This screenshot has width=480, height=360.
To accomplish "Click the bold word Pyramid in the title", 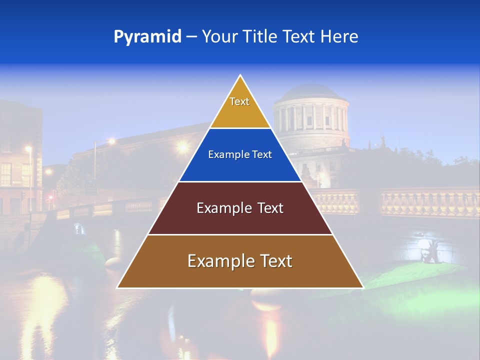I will point(147,37).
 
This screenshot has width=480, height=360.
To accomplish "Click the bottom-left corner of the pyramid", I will point(117,287).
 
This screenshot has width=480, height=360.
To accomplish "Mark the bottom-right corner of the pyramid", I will point(363,287).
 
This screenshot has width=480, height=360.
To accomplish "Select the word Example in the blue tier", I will point(224,155).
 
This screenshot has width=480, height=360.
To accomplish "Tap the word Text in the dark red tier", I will point(269,208).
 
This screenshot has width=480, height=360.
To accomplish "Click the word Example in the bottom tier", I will point(220,261).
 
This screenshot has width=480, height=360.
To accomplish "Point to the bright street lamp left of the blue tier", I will point(183,147).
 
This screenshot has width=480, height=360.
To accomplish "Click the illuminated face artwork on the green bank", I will point(426,250).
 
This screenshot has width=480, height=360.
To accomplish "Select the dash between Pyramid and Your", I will point(191,37).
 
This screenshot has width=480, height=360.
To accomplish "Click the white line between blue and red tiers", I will point(240,181).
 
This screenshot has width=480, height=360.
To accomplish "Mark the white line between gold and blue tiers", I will point(240,128).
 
